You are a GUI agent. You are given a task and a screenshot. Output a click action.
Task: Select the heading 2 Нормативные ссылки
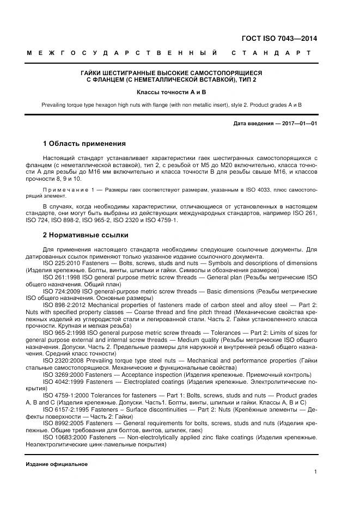tap(86, 235)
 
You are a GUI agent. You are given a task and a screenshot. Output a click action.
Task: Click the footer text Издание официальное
tap(57, 464)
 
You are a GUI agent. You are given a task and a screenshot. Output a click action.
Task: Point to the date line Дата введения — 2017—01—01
tap(275, 124)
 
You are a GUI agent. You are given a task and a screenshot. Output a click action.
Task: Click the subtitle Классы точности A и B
tap(171, 93)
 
